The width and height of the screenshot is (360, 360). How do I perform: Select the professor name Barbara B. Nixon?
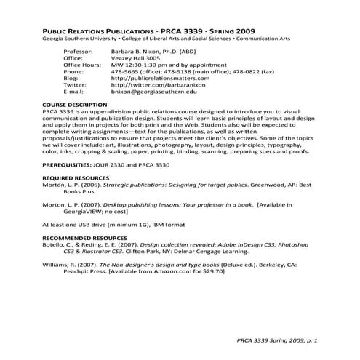pyautogui.click(x=143, y=53)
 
